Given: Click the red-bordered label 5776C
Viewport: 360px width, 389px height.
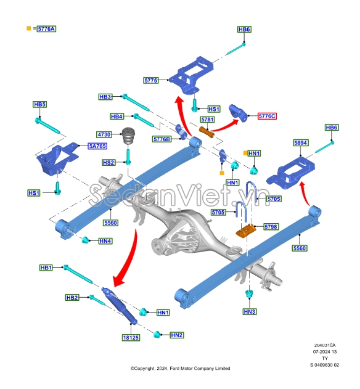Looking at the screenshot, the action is pyautogui.click(x=267, y=116).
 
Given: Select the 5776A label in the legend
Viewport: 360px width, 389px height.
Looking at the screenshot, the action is pyautogui.click(x=46, y=29).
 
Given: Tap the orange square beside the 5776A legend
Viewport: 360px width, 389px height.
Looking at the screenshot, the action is pyautogui.click(x=29, y=28).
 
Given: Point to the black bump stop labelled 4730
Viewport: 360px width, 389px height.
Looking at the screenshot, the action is pyautogui.click(x=128, y=136).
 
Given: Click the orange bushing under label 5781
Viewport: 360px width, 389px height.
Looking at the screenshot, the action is pyautogui.click(x=207, y=132).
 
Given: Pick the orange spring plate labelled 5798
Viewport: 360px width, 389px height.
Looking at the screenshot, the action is pyautogui.click(x=245, y=231).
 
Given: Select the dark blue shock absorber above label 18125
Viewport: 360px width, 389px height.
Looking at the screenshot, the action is pyautogui.click(x=120, y=306).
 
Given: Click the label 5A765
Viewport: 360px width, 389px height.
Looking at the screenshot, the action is pyautogui.click(x=97, y=146).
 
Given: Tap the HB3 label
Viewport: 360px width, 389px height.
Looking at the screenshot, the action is pyautogui.click(x=105, y=97).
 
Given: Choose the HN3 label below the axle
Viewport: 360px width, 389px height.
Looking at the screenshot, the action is pyautogui.click(x=249, y=311).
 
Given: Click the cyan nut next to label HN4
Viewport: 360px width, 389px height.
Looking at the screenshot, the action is pyautogui.click(x=85, y=240).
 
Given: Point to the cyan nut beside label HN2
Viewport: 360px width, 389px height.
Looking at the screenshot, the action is pyautogui.click(x=157, y=334).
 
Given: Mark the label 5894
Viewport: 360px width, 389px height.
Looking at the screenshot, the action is pyautogui.click(x=301, y=143).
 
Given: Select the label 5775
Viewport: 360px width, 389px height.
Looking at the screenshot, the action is pyautogui.click(x=151, y=80).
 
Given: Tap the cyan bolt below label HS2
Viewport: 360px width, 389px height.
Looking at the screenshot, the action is pyautogui.click(x=128, y=157).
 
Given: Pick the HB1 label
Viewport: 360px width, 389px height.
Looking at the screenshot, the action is pyautogui.click(x=46, y=268).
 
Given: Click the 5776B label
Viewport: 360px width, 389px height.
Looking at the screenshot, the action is pyautogui.click(x=162, y=139).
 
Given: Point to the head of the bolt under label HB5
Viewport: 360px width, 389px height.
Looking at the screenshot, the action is pyautogui.click(x=38, y=121).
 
